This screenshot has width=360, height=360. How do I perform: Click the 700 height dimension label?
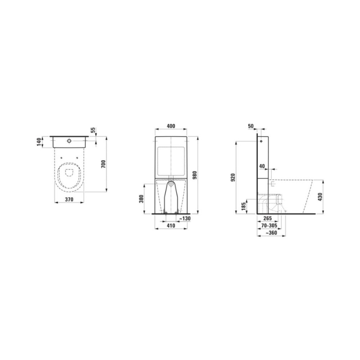point(103,164)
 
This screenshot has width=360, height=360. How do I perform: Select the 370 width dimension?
point(69,199)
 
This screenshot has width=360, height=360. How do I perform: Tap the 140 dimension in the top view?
point(39,142)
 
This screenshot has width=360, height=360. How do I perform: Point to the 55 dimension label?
point(93,130)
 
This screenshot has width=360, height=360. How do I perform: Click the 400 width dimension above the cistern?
point(171,126)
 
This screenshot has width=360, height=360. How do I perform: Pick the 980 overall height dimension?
point(195,175)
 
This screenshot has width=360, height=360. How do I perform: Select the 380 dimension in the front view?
point(141,198)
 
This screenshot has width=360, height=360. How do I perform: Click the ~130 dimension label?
point(185,218)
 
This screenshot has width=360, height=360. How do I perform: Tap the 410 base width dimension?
point(171,226)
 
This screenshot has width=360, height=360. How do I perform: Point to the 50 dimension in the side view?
point(251,126)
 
